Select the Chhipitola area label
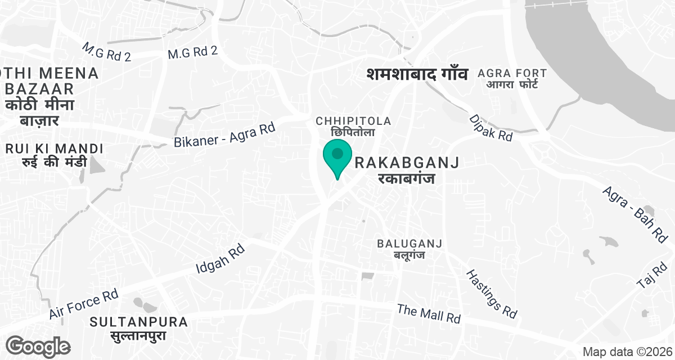pyautogui.click(x=353, y=126)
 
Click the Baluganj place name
pyautogui.click(x=409, y=249)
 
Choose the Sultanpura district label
pyautogui.click(x=139, y=328)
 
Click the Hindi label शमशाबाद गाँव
pyautogui.click(x=417, y=74)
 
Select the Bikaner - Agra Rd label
pyautogui.click(x=224, y=136)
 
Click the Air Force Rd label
pyautogui.click(x=83, y=304)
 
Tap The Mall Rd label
pyautogui.click(x=429, y=313)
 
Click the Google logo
pyautogui.click(x=38, y=345)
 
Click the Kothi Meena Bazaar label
pyautogui.click(x=50, y=96)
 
